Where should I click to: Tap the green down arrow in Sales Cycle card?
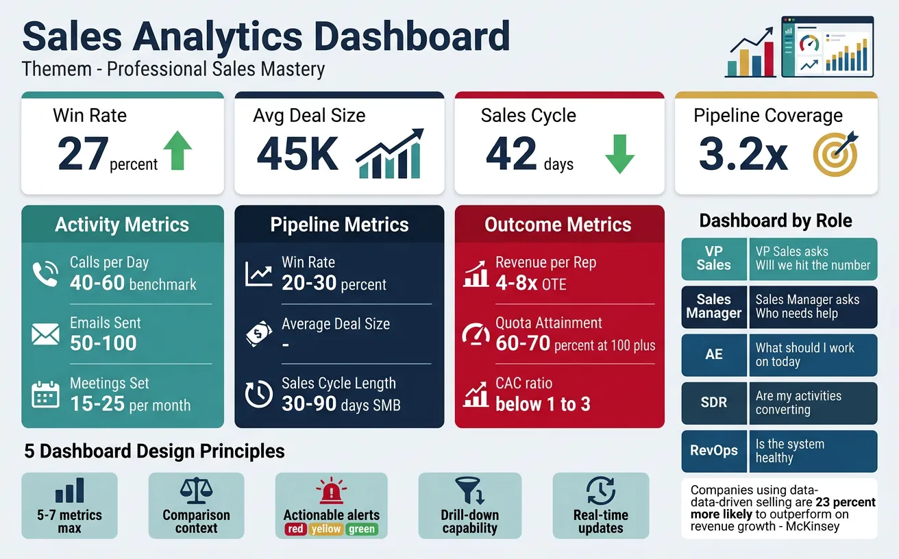click(x=621, y=153)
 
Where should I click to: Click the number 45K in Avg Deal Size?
click(x=297, y=153)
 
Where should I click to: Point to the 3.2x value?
click(x=743, y=154)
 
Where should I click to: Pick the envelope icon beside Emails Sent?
click(x=45, y=334)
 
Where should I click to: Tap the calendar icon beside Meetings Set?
click(x=45, y=395)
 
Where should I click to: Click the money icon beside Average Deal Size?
click(x=258, y=334)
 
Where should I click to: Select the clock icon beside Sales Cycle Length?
click(x=258, y=395)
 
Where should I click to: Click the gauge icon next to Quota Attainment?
click(x=476, y=334)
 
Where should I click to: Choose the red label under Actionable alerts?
click(x=295, y=529)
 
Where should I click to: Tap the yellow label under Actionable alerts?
click(x=326, y=529)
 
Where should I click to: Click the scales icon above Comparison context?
click(x=195, y=490)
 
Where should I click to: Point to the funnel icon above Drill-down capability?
click(x=469, y=490)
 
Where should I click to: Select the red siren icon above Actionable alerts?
click(x=331, y=491)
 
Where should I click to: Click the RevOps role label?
click(x=713, y=451)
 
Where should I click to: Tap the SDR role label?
click(x=713, y=403)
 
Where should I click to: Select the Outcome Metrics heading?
click(x=558, y=225)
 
